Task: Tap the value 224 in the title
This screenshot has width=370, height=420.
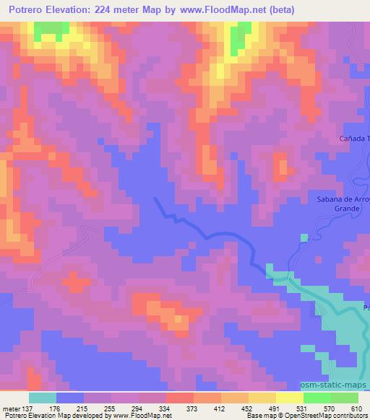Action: point(117,10)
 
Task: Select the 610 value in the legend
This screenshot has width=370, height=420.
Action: point(356,408)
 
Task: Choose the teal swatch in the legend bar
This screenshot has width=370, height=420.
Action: point(43,398)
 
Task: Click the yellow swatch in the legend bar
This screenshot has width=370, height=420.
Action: point(289,398)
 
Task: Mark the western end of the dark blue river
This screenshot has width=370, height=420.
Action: point(156,198)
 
